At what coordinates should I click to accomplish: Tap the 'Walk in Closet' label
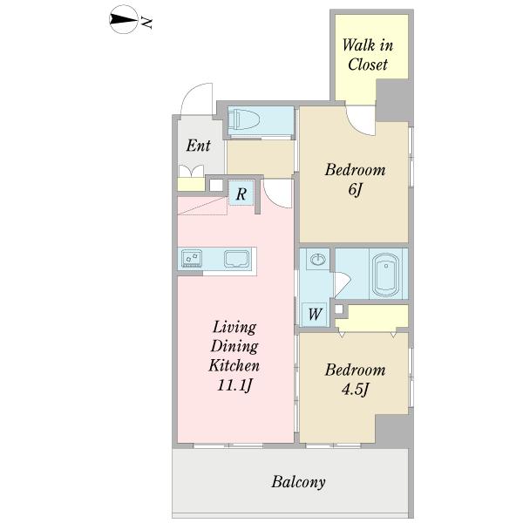[368, 55]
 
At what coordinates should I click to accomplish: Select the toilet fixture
[243, 119]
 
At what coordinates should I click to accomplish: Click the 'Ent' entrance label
[198, 146]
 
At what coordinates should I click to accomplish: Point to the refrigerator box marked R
[241, 194]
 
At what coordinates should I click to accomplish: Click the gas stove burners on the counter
[192, 259]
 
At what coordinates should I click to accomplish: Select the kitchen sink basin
[237, 259]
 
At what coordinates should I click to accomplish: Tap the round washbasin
[317, 259]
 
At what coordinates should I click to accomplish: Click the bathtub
[386, 275]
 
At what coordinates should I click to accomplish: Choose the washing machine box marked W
[315, 314]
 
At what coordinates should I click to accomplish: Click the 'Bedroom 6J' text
[356, 179]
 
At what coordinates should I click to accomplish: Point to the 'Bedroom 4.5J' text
[356, 379]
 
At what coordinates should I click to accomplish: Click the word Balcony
[298, 482]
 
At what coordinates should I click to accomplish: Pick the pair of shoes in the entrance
[191, 171]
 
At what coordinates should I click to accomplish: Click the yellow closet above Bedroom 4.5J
[372, 317]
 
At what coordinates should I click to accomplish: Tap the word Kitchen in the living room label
[234, 365]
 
